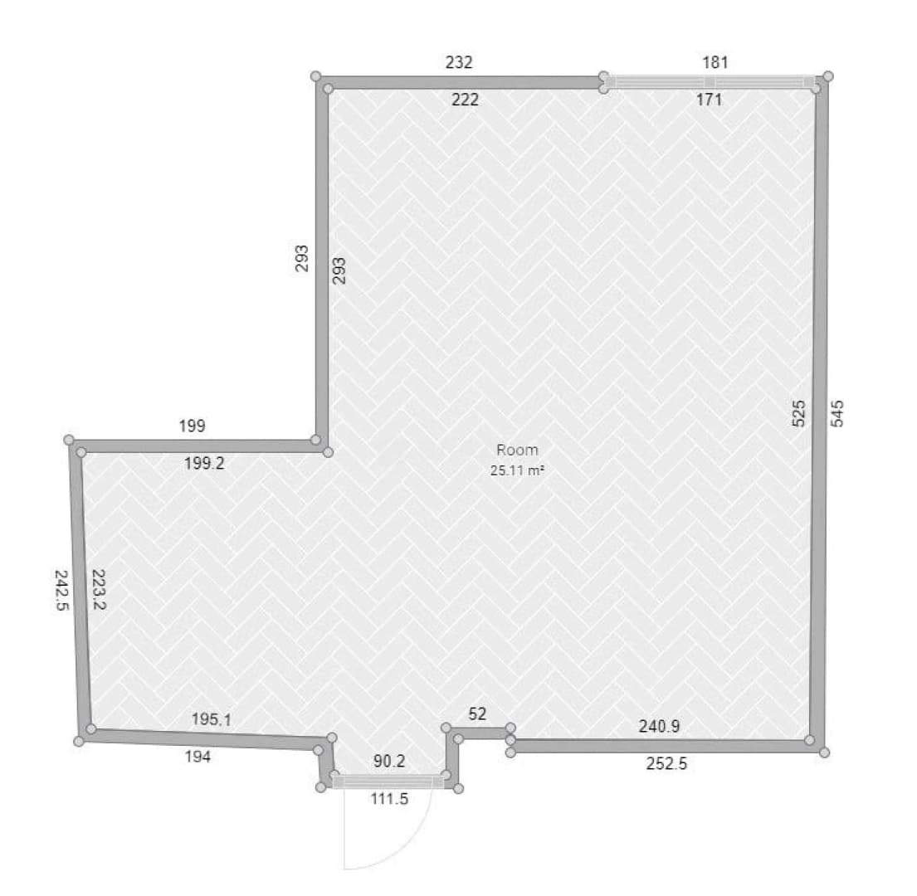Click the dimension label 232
(x=458, y=62)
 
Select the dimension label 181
(x=715, y=62)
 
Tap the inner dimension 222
(x=465, y=100)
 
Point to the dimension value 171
(x=709, y=100)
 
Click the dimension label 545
(x=837, y=413)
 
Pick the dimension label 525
(x=798, y=413)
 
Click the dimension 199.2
(x=204, y=464)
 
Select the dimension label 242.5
(x=61, y=591)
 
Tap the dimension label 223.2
(x=99, y=589)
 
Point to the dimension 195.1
(x=211, y=719)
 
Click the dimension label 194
(x=198, y=757)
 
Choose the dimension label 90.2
(x=389, y=761)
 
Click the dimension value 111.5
(x=389, y=798)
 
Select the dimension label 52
(x=477, y=713)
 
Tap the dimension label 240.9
(x=659, y=727)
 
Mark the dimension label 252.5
(x=666, y=764)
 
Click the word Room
(x=517, y=450)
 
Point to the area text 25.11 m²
(x=517, y=470)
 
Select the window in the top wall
(x=710, y=82)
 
